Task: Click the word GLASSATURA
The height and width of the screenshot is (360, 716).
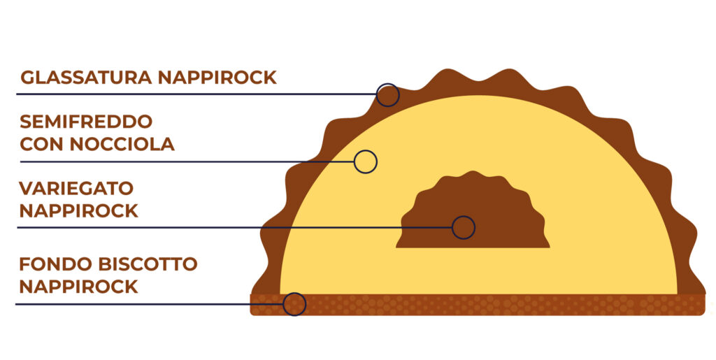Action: (x=87, y=78)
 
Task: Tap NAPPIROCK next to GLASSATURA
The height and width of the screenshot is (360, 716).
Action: (x=217, y=78)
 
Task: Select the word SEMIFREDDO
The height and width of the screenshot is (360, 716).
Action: (x=86, y=122)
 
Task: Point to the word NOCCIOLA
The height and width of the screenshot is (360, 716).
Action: (x=122, y=144)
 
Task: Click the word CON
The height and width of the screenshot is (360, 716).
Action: (x=42, y=144)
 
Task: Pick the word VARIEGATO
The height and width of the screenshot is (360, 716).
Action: (x=76, y=188)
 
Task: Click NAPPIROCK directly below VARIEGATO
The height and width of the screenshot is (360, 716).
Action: (x=78, y=211)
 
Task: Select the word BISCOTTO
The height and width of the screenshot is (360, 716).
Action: (x=147, y=264)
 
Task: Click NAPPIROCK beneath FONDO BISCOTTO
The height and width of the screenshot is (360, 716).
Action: (x=78, y=287)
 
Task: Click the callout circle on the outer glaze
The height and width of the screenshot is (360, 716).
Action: (x=387, y=84)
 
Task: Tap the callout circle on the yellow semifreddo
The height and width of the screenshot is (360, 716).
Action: (x=365, y=150)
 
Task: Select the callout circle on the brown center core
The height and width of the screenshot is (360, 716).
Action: (x=464, y=216)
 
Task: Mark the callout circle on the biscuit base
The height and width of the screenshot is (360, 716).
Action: (x=294, y=293)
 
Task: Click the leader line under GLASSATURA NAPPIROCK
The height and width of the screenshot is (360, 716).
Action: (x=196, y=94)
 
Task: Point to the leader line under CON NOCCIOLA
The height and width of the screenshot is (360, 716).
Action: (x=187, y=161)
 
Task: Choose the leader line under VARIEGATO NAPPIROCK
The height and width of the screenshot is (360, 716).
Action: (x=235, y=227)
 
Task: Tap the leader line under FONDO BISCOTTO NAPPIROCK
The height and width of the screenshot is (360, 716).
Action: (x=150, y=304)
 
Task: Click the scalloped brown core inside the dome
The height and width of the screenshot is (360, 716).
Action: (x=473, y=215)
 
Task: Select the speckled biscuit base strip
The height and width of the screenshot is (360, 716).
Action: (x=478, y=305)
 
